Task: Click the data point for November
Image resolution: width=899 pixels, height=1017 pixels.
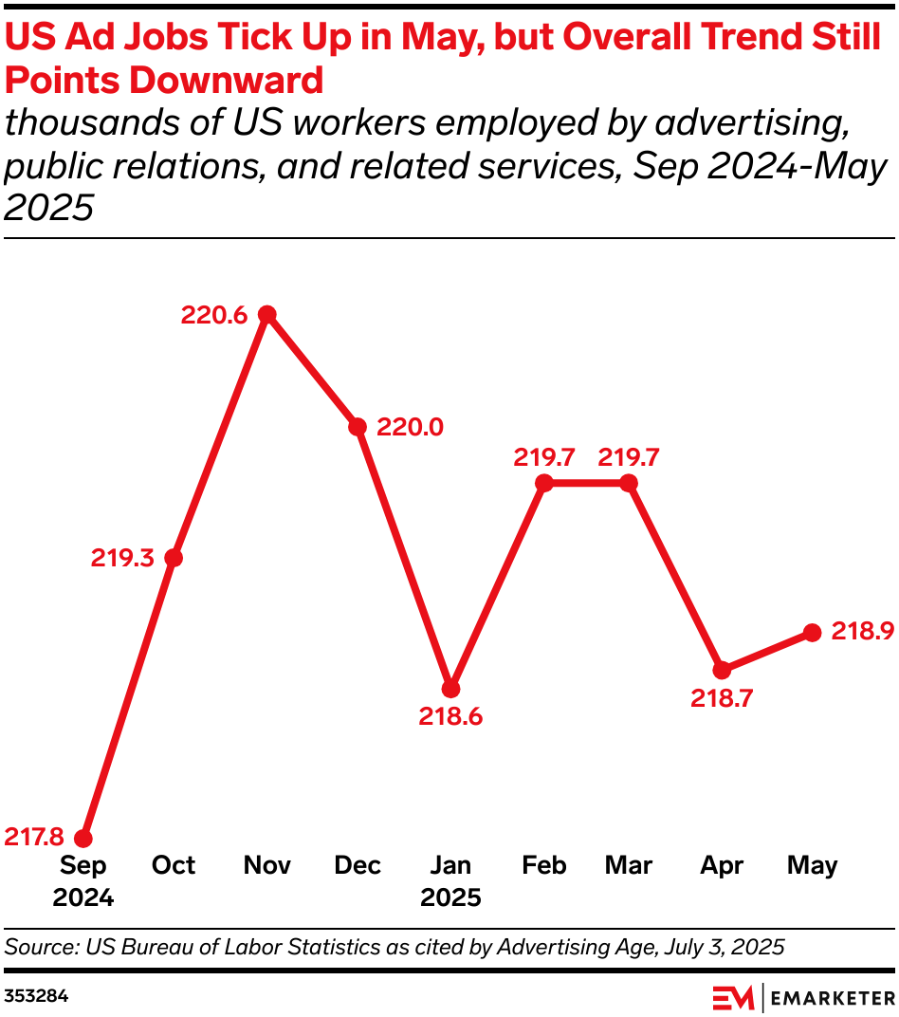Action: point(267,314)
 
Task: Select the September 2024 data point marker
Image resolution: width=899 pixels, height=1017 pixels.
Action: point(83,839)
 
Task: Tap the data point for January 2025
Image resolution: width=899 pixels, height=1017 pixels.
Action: point(451,689)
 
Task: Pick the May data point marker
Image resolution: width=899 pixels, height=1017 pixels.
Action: point(812,632)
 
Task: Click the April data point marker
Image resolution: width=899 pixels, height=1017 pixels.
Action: point(722,670)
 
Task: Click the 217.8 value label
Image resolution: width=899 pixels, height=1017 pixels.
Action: point(34,837)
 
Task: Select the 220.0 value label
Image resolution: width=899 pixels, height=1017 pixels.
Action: point(410,428)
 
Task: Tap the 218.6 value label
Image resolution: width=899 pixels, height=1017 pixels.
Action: point(451,717)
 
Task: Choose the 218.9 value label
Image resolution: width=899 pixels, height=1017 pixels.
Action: point(863,632)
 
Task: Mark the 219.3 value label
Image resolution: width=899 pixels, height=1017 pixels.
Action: point(122,559)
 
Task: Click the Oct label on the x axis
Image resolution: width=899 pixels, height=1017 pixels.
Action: point(174,865)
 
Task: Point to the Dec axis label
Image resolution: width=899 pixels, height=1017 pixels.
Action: point(358,865)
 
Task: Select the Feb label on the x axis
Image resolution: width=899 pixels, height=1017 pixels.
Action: point(543,865)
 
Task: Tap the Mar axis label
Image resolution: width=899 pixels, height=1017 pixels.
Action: point(629,865)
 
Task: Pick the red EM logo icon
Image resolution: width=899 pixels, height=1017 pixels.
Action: point(732,997)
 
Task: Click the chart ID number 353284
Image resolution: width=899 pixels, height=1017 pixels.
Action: point(36,997)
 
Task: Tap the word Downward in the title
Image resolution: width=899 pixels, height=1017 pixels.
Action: point(227,81)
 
